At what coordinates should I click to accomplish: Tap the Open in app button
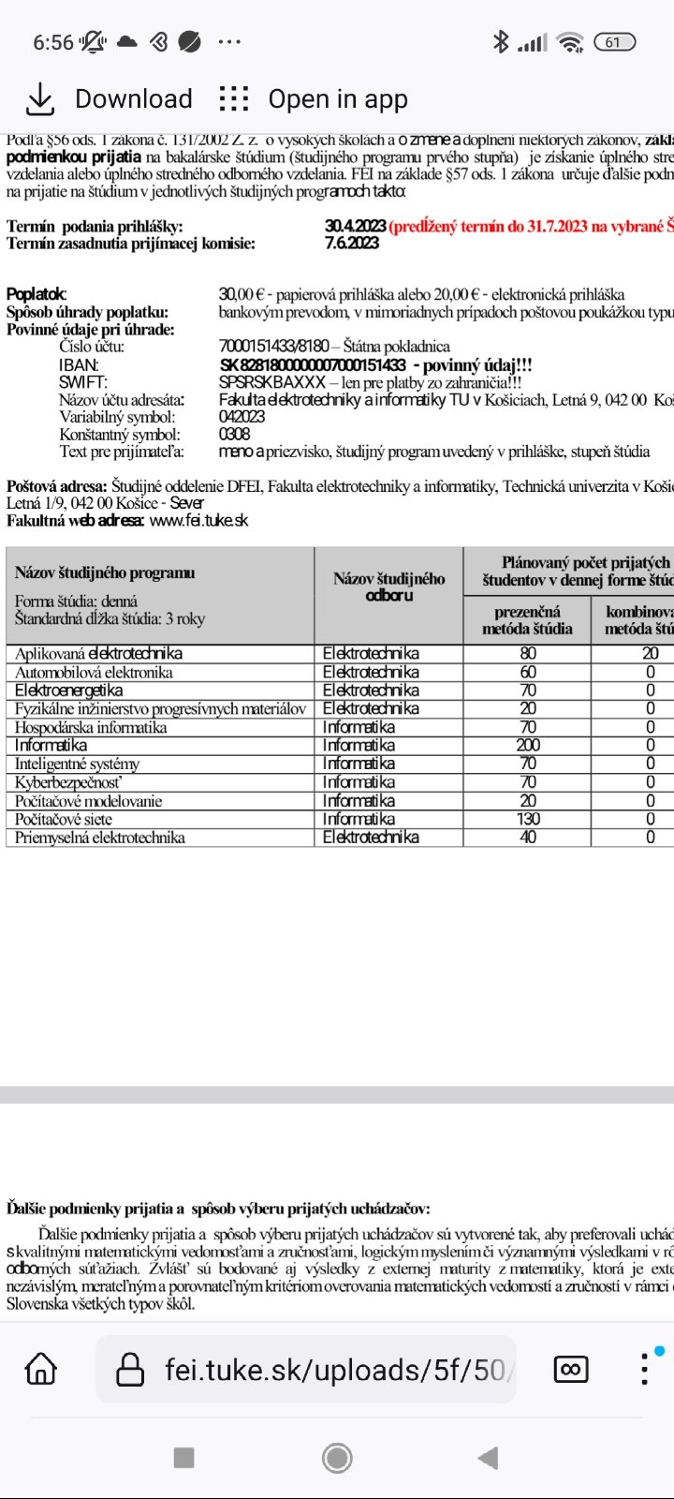(x=314, y=99)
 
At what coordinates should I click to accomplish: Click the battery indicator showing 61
(x=614, y=42)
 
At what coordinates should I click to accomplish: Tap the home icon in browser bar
(x=41, y=1369)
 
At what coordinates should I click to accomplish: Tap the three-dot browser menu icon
(x=644, y=1369)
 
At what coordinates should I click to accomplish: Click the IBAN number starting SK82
(x=313, y=364)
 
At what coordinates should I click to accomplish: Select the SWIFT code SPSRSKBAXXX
(x=272, y=382)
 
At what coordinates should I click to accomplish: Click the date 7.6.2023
(x=352, y=243)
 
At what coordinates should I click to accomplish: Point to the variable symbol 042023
(x=242, y=417)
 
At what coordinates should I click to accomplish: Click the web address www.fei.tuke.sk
(x=198, y=520)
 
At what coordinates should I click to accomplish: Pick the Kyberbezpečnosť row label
(x=68, y=782)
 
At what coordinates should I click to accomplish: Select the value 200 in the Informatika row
(x=528, y=746)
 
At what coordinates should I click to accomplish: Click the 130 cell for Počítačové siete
(x=528, y=819)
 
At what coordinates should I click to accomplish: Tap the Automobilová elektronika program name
(x=94, y=672)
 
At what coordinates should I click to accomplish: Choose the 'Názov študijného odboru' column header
(x=388, y=586)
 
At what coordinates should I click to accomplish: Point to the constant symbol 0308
(x=234, y=434)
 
